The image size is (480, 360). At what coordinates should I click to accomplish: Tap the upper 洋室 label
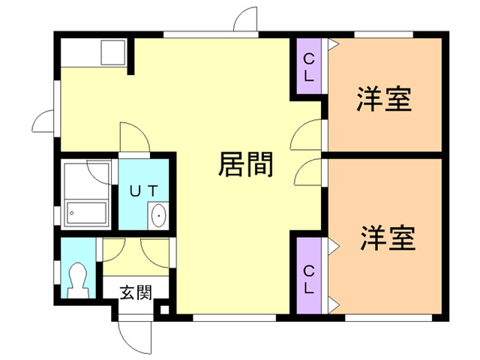383,99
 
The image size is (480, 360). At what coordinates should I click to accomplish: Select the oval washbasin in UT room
159,216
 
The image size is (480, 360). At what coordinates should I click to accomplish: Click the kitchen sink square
114,52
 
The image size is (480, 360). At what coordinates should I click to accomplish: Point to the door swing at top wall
246,21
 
